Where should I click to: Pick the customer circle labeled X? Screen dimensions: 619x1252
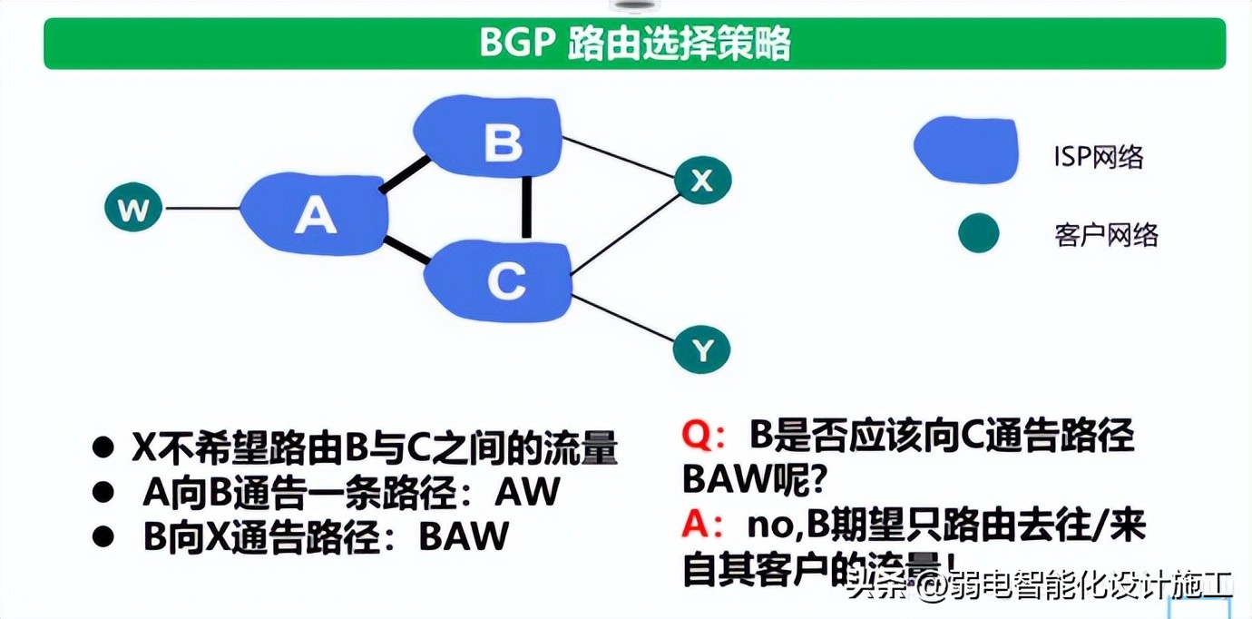click(x=702, y=182)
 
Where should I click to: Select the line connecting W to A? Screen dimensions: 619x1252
click(x=201, y=210)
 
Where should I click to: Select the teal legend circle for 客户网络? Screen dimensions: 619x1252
click(x=978, y=233)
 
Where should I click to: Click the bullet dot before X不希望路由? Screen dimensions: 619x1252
click(x=104, y=447)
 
